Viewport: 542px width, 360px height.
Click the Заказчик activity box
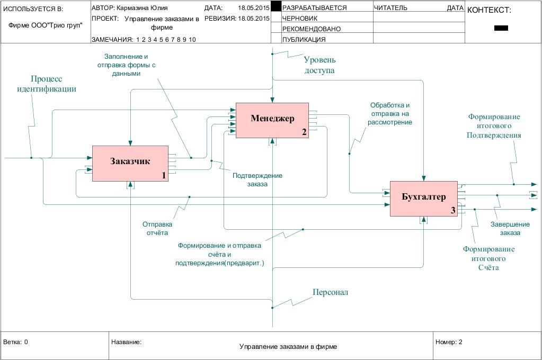pos(130,163)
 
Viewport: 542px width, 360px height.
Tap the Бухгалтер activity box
pos(423,198)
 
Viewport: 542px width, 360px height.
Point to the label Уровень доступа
pos(319,65)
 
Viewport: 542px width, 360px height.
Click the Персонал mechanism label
pos(330,292)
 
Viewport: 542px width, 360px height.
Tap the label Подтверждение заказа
pos(257,180)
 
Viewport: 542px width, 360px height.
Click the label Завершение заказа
pos(505,228)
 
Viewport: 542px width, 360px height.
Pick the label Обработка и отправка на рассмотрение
pos(390,113)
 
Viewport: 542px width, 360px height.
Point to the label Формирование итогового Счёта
pos(488,258)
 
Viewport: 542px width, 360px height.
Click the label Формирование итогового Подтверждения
pos(494,126)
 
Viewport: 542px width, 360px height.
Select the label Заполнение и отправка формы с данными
pos(130,65)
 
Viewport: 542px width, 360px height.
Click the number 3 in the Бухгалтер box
pos(453,211)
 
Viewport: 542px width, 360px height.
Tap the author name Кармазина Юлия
pos(145,8)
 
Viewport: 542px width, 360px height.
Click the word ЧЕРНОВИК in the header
pos(300,19)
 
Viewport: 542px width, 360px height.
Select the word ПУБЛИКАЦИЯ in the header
pos(304,40)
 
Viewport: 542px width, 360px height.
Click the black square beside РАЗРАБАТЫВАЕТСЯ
pos(276,7)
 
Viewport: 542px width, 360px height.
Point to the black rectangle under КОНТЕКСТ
pos(501,28)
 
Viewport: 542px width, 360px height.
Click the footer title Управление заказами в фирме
pos(288,347)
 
